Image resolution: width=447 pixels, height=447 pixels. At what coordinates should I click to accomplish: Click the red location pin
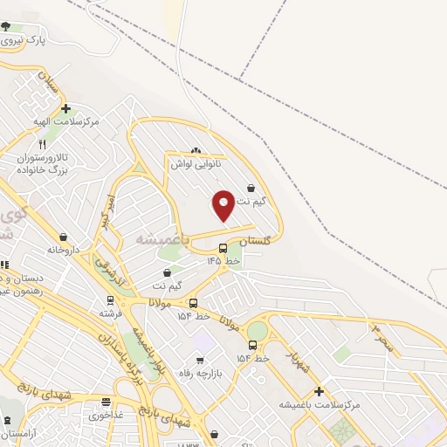click(x=224, y=204)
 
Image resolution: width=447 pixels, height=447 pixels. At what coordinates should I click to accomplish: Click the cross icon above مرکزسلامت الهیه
click(x=65, y=109)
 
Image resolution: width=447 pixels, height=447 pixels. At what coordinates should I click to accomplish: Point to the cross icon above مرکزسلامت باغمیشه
click(x=319, y=391)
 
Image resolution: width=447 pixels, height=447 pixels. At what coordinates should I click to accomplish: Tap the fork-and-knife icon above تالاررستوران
click(x=42, y=144)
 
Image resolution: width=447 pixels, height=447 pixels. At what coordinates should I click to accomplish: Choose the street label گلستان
click(x=257, y=239)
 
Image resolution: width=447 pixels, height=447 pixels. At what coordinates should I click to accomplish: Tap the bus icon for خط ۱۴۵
click(x=223, y=248)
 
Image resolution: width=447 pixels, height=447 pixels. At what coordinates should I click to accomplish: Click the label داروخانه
click(x=63, y=250)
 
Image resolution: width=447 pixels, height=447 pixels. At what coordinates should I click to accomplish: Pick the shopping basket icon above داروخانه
click(x=63, y=237)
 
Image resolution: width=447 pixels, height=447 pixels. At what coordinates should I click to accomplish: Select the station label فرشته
click(x=111, y=313)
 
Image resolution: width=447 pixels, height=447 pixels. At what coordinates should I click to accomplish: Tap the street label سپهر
click(x=382, y=338)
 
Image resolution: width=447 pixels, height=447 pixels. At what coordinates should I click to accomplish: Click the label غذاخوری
click(x=106, y=416)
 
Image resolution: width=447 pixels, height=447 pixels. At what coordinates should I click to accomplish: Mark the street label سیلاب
click(x=49, y=86)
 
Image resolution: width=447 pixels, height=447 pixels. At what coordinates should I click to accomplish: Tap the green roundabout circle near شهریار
click(x=258, y=330)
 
